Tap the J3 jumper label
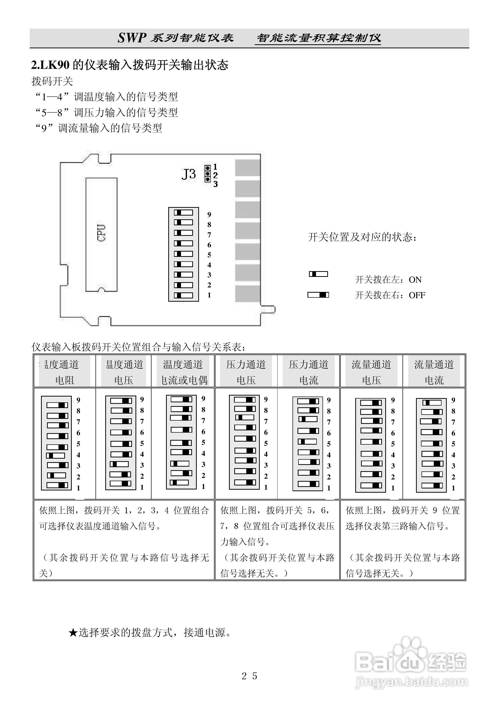coord(188,174)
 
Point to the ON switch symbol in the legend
coord(318,274)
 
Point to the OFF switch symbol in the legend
coord(318,295)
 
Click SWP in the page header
coord(131,38)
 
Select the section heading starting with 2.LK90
coord(130,65)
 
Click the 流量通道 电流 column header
coord(434,372)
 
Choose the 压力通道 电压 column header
coord(246,372)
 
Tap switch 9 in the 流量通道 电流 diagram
coord(432,403)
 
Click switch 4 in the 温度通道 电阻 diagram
coord(56,455)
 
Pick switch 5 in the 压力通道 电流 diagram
coord(307,442)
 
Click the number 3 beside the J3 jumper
coord(215,184)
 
